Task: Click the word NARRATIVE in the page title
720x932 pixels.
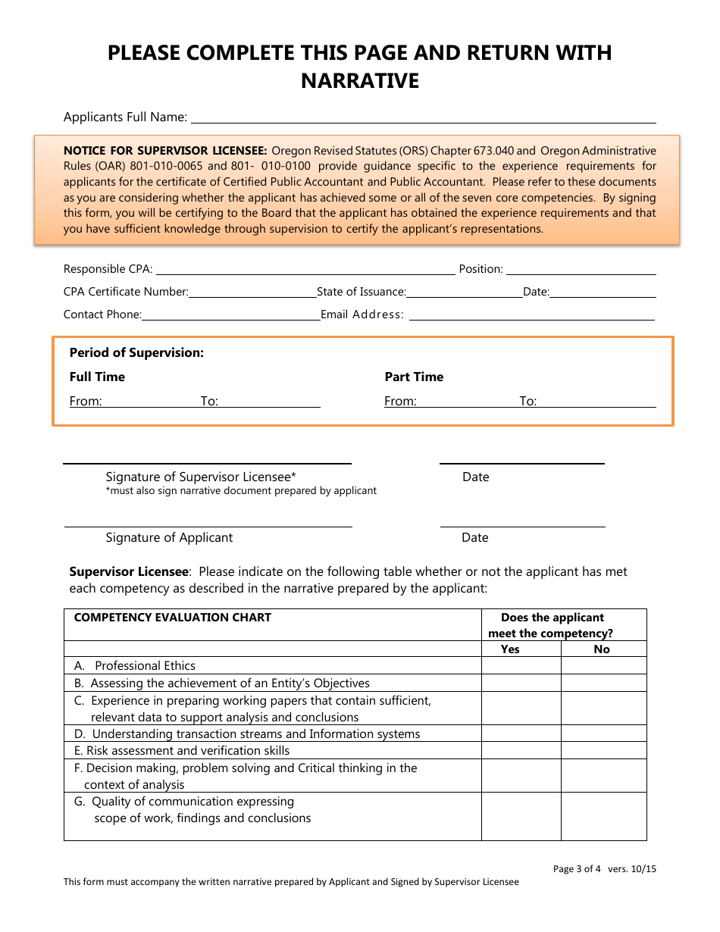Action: tap(360, 80)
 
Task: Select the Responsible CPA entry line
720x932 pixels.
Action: tap(305, 271)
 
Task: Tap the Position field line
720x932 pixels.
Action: tap(580, 271)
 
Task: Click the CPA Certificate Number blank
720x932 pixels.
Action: tap(252, 293)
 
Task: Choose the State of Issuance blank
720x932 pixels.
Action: tap(464, 293)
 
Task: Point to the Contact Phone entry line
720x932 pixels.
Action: tap(230, 316)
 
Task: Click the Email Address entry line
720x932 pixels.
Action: tap(531, 316)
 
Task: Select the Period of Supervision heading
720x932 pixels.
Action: tap(136, 352)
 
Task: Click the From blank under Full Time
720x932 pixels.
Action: tap(150, 402)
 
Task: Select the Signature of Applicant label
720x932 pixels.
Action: tap(169, 537)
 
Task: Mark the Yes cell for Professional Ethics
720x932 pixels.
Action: tap(521, 666)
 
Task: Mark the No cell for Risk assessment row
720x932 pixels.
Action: tap(603, 751)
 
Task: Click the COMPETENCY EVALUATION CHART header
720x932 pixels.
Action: tap(172, 618)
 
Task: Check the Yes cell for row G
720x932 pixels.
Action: tap(521, 816)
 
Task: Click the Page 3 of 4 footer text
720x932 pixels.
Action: tap(577, 869)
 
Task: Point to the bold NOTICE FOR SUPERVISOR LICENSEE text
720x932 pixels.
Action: tap(165, 151)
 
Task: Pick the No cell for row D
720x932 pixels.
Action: tap(603, 734)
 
